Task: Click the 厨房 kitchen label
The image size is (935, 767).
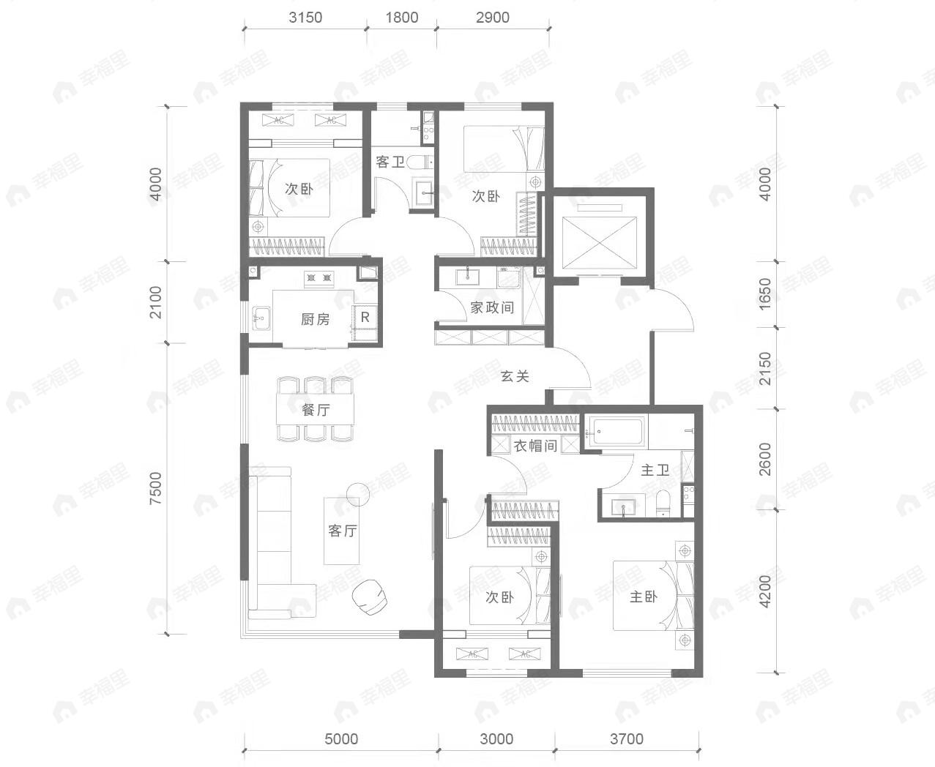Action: pos(316,319)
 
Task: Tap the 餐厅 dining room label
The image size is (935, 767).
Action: pos(316,409)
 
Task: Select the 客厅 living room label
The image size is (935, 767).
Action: pos(342,531)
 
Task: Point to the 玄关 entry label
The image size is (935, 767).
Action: pos(515,376)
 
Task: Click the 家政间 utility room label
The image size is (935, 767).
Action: pos(492,307)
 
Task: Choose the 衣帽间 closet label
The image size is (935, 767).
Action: pos(535,446)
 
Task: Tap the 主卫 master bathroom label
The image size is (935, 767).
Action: pos(655,470)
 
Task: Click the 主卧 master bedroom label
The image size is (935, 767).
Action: pos(644,597)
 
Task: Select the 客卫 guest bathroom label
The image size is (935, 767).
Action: pos(390,162)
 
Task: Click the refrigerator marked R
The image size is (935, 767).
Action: pos(365,317)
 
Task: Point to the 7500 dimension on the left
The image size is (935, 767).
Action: pos(156,488)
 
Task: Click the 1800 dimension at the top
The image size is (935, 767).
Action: pos(402,18)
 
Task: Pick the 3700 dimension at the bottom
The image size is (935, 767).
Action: pos(627,739)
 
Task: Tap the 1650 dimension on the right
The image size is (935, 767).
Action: pos(765,294)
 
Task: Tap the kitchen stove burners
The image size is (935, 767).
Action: pos(319,278)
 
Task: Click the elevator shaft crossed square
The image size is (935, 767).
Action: pos(599,243)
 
